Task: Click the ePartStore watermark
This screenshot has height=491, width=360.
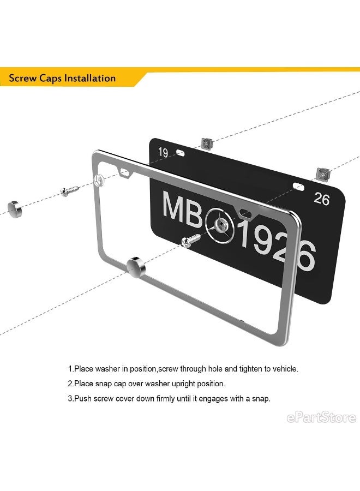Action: coord(321,418)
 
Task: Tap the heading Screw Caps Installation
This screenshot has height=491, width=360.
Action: coord(62,78)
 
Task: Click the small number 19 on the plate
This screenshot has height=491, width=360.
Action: coord(163,153)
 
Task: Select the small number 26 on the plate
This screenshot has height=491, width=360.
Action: coord(322,199)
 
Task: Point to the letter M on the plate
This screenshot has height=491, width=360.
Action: coord(172,207)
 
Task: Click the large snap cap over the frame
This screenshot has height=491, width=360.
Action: coord(136,268)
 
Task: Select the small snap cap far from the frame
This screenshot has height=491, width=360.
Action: coord(15,209)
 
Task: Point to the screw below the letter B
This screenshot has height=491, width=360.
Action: coord(191,241)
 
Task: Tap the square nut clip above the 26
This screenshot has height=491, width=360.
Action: coord(322,174)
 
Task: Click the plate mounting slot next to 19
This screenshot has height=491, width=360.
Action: coord(181,153)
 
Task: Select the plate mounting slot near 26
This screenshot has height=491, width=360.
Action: coord(298,187)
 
